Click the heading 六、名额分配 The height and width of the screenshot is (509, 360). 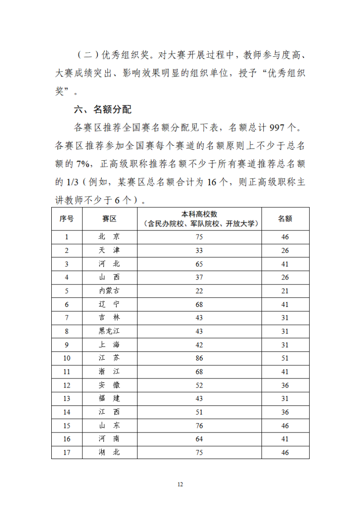103,109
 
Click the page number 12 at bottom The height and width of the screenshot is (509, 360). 180,484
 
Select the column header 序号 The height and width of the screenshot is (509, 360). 67,219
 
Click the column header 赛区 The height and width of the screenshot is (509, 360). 109,219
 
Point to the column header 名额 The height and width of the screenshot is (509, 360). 285,219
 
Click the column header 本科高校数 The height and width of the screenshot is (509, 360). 199,214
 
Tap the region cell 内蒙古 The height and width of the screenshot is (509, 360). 109,291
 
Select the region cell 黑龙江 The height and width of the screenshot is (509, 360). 109,332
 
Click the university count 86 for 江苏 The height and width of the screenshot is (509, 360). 199,359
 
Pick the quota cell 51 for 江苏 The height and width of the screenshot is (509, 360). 285,359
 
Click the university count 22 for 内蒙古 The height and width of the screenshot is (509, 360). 199,291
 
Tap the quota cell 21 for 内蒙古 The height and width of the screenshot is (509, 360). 285,291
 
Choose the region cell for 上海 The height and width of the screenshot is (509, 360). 109,345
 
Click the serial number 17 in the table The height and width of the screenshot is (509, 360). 67,453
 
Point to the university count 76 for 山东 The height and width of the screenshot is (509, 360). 199,426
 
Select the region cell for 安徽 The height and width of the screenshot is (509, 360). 109,386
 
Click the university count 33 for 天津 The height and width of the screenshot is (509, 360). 199,251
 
